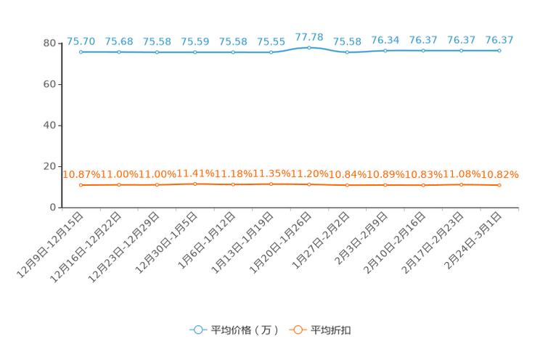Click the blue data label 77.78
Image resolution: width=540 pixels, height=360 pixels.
pos(309,37)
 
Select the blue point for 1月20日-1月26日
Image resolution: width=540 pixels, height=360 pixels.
pos(309,48)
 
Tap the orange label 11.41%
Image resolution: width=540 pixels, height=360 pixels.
pos(195,173)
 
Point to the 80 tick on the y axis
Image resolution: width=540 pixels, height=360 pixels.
pos(49,44)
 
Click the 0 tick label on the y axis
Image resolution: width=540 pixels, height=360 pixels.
pos(53,208)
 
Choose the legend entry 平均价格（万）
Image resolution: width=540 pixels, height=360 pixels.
pos(234,330)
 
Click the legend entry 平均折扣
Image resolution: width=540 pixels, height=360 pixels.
pos(320,330)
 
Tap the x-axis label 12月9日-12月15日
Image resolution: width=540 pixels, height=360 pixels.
pos(50,245)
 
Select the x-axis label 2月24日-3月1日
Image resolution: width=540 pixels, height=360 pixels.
pos(472,240)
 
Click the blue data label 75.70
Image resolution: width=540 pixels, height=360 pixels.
pos(81,41)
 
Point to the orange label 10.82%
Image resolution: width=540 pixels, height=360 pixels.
pos(499,175)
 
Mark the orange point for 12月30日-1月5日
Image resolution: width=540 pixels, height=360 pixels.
pos(195,184)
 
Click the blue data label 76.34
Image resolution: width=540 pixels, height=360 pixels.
pos(385,40)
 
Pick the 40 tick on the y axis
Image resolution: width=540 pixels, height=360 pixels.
pos(49,126)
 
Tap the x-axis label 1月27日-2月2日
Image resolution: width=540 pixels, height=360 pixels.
pos(321,240)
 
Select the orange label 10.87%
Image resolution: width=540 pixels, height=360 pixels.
pos(81,174)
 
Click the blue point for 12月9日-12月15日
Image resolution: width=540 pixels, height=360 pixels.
pos(81,52)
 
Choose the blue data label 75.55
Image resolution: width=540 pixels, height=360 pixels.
pos(271,41)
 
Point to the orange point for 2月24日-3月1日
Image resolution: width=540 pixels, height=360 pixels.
pos(499,185)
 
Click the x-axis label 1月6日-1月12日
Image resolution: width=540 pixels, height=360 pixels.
pos(207,240)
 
